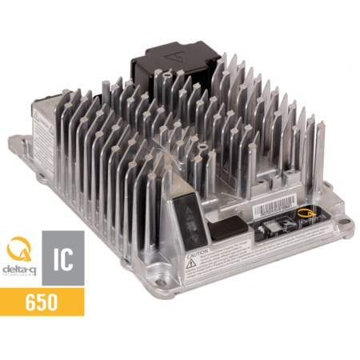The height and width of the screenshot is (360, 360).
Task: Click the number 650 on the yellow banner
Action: coord(42,302)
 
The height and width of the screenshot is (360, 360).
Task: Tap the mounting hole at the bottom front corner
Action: coord(165,281)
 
